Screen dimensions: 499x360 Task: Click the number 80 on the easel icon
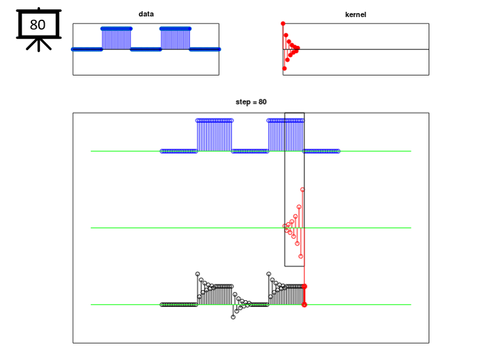pos(37,25)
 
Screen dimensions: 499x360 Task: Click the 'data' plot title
pos(146,14)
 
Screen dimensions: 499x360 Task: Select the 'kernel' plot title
pos(356,14)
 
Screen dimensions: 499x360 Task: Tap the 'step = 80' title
pos(251,102)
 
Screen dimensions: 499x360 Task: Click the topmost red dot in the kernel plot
pos(283,24)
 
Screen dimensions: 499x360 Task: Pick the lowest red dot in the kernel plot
pos(285,68)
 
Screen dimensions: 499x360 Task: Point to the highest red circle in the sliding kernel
pos(302,190)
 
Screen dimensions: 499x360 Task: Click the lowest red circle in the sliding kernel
pos(300,256)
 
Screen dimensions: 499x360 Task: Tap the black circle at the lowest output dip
pos(233,317)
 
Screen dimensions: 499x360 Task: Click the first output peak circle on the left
pos(198,274)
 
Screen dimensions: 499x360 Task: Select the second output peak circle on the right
pos(269,274)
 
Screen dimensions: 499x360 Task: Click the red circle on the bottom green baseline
pos(304,305)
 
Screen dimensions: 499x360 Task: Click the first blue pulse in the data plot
pos(116,39)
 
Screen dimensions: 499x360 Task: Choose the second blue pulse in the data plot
pos(176,39)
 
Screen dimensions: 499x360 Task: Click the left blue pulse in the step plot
pos(214,135)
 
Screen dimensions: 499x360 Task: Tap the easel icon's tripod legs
pos(39,45)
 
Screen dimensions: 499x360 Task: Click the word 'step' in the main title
pos(243,102)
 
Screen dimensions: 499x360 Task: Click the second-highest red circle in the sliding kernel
pos(299,207)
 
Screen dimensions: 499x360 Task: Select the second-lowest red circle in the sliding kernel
pos(297,244)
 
